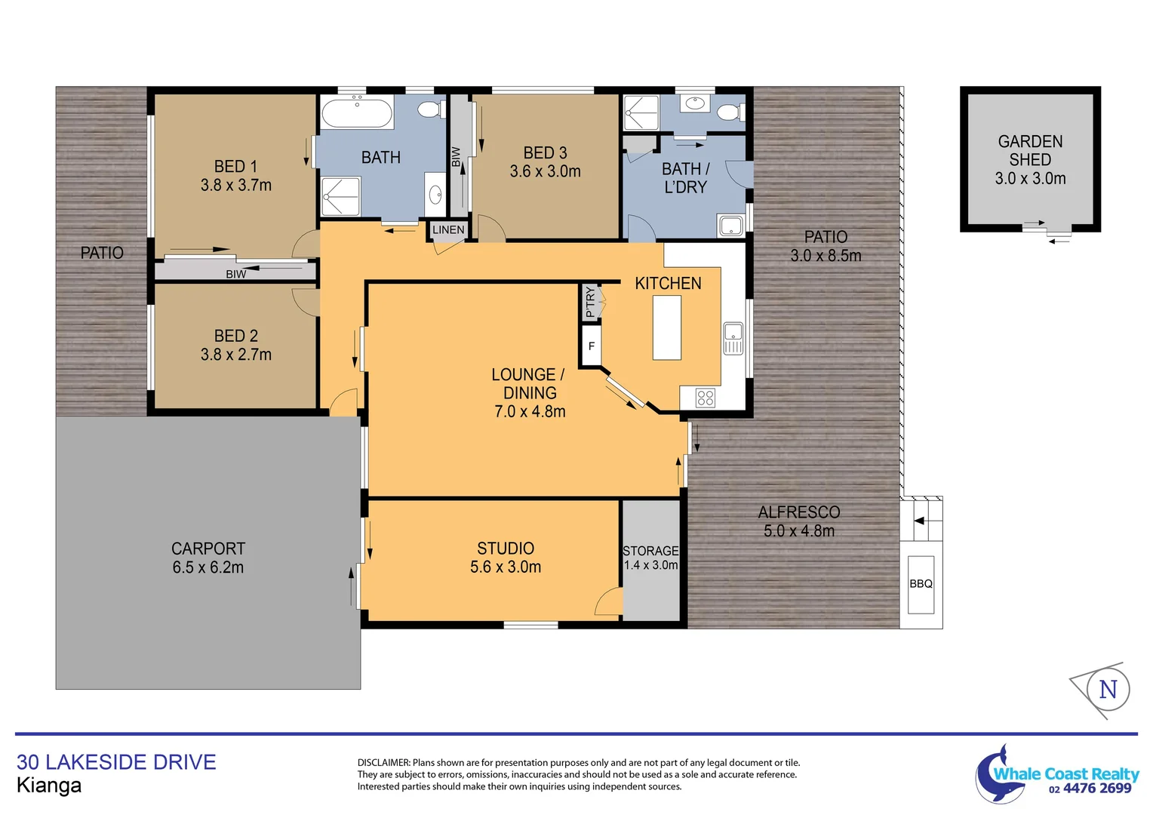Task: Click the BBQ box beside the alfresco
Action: [921, 584]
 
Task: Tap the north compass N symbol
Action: [1108, 689]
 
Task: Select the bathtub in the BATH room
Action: [357, 113]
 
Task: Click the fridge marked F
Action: [592, 346]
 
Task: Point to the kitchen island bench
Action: [666, 328]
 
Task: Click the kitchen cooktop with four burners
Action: [706, 398]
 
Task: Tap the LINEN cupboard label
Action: [448, 230]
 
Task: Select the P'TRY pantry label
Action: [590, 303]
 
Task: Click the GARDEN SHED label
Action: [1030, 151]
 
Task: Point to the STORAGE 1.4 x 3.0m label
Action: [650, 558]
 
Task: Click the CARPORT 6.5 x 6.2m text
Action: [208, 558]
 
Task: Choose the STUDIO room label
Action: [506, 549]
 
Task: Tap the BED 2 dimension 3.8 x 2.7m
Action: [236, 355]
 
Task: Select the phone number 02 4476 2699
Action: [1090, 789]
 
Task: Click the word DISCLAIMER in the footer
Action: [383, 763]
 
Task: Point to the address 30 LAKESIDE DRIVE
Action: [116, 762]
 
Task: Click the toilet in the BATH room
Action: [429, 110]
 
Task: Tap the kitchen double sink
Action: [733, 338]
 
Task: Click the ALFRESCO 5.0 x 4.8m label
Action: [799, 521]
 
